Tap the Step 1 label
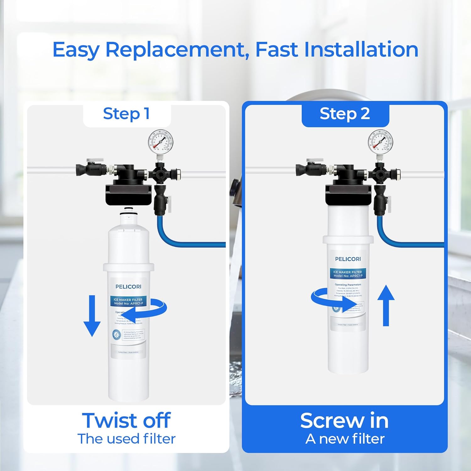(126, 114)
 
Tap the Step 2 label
(345, 114)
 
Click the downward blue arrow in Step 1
(92, 316)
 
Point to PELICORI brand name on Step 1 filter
(128, 287)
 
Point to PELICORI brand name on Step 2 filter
(348, 259)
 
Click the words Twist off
(126, 420)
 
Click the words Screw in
(344, 420)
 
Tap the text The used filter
(126, 439)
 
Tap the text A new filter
(344, 439)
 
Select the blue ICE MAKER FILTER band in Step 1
(128, 301)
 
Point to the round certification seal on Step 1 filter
(116, 334)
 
